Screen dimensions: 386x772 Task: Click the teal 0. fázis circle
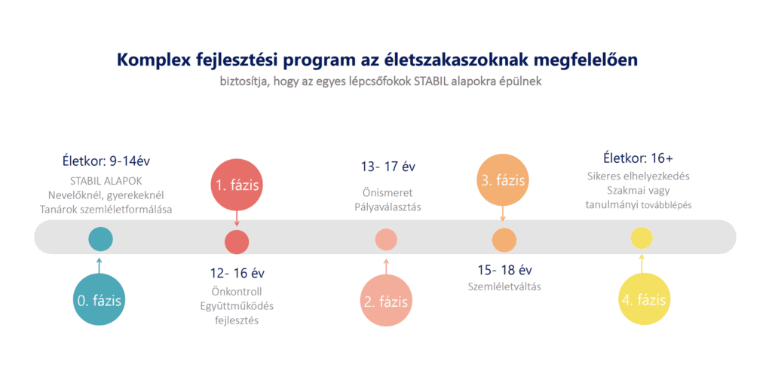click(x=100, y=299)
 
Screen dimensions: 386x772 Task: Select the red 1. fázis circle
click(x=237, y=185)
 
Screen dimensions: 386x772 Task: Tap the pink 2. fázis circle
click(x=386, y=302)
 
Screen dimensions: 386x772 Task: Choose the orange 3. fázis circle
click(x=502, y=181)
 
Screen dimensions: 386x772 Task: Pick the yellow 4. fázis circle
click(x=643, y=299)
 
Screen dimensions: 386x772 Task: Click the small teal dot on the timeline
click(x=100, y=239)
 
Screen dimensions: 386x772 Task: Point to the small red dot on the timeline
click(x=237, y=241)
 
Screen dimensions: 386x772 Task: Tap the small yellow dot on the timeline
click(x=642, y=238)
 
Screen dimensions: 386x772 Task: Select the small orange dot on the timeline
click(x=504, y=240)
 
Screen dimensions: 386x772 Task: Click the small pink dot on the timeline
click(x=386, y=240)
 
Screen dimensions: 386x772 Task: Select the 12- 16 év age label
click(x=237, y=272)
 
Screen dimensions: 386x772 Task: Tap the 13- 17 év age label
click(x=388, y=167)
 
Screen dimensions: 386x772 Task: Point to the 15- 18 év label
click(x=504, y=270)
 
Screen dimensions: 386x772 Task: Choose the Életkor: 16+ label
click(x=638, y=158)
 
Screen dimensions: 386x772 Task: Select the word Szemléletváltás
click(x=504, y=286)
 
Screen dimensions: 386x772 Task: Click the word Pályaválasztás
click(x=388, y=207)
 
